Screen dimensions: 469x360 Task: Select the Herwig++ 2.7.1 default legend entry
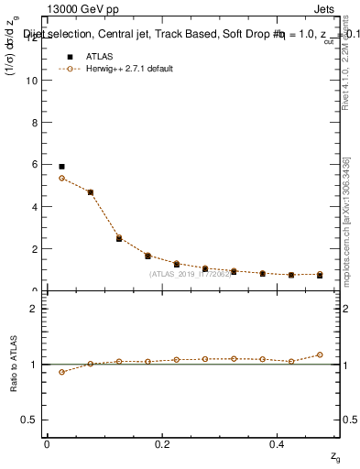click(118, 69)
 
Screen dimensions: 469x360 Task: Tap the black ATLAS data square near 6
click(61, 167)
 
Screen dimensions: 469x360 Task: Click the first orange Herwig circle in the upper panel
click(61, 178)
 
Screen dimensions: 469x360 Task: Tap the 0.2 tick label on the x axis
click(162, 443)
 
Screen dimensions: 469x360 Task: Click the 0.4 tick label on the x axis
click(277, 443)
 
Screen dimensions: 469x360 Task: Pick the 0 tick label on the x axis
click(47, 443)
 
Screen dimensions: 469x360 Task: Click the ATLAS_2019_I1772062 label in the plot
click(191, 274)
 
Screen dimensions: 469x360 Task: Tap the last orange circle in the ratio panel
click(320, 354)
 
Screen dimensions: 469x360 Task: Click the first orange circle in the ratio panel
click(61, 372)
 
